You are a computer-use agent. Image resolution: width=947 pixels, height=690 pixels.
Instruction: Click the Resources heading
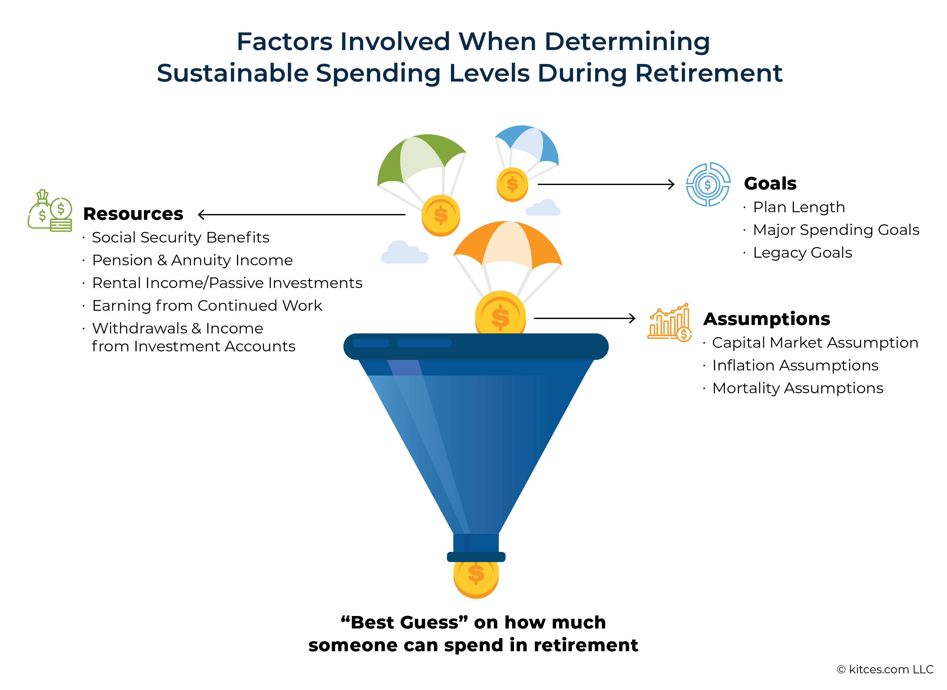[x=133, y=214]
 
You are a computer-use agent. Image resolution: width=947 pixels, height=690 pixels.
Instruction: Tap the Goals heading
[x=770, y=183]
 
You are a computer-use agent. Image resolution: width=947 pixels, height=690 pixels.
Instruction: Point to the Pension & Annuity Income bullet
[x=192, y=260]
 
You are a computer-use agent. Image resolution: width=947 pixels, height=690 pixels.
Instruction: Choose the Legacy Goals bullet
[x=802, y=253]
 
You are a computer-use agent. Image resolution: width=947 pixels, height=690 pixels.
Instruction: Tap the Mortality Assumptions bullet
[x=798, y=388]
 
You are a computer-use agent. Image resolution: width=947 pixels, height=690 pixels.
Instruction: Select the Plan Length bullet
[x=799, y=207]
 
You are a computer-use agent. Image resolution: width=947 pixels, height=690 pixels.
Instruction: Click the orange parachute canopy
[x=508, y=244]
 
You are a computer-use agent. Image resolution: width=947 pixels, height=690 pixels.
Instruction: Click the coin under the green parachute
[x=441, y=216]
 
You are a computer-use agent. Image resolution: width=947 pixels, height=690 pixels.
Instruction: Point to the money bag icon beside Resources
[x=50, y=210]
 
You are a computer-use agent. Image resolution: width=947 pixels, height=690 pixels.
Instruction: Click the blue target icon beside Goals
[x=708, y=184]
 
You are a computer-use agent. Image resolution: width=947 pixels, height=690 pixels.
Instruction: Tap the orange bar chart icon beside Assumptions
[x=669, y=323]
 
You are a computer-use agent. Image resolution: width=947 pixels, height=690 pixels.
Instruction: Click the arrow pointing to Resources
[x=302, y=215]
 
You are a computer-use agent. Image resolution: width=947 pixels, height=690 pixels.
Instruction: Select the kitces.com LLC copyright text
[x=885, y=669]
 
